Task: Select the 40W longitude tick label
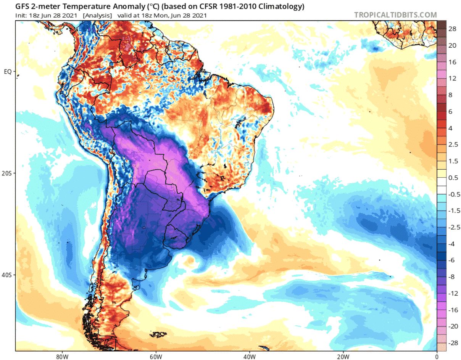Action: pyautogui.click(x=249, y=356)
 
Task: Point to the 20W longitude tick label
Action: pyautogui.click(x=343, y=356)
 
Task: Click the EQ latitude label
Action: pyautogui.click(x=8, y=71)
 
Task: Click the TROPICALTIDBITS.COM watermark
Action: pyautogui.click(x=395, y=15)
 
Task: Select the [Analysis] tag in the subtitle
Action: pyautogui.click(x=97, y=16)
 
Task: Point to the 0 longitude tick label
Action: pyautogui.click(x=436, y=356)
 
